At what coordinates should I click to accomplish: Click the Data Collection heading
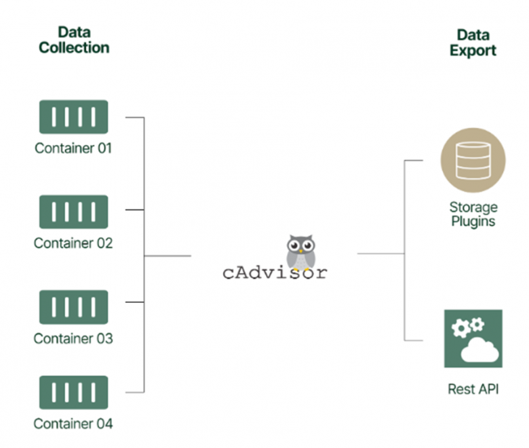[73, 40]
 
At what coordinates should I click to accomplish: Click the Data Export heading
[473, 42]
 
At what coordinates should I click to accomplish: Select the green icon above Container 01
[73, 117]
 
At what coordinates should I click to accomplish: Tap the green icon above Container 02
[73, 211]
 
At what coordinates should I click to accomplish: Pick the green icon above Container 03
[73, 306]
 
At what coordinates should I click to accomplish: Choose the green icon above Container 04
[73, 392]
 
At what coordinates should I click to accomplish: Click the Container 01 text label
[73, 148]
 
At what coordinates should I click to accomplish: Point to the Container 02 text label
[73, 243]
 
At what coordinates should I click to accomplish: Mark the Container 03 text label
[73, 338]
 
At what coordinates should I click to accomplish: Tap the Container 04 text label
[73, 424]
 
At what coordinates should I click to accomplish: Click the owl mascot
[300, 251]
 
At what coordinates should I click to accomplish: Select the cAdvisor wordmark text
[275, 273]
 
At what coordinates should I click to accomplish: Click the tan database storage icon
[473, 160]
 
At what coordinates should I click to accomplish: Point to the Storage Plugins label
[473, 213]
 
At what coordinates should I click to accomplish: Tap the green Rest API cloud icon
[473, 339]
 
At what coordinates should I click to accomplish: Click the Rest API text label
[473, 390]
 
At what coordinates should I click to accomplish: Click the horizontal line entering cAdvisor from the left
[168, 256]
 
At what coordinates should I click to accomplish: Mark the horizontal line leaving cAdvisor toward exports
[380, 253]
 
